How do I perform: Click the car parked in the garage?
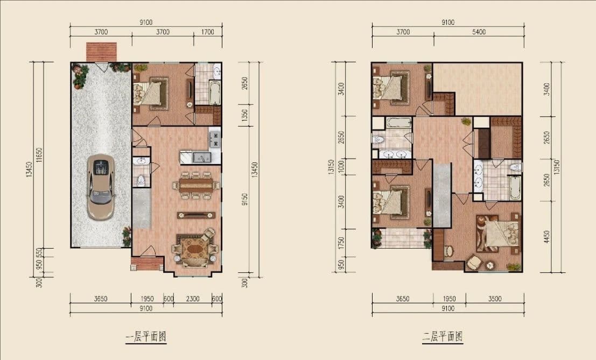(x=100, y=187)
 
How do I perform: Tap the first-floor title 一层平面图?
(x=146, y=336)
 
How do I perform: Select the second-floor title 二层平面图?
(x=443, y=336)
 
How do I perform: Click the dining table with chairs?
(x=196, y=185)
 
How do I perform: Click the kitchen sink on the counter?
(x=201, y=157)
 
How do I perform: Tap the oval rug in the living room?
(x=195, y=251)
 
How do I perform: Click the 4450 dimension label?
(x=547, y=237)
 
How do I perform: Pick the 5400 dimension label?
(x=479, y=32)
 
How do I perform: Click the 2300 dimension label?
(x=192, y=299)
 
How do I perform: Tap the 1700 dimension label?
(x=207, y=32)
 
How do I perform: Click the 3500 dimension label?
(x=495, y=299)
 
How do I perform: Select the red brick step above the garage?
(x=101, y=52)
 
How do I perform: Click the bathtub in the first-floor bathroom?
(x=215, y=92)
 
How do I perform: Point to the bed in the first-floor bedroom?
(x=151, y=93)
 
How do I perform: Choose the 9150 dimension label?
(x=244, y=199)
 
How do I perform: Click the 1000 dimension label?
(x=341, y=166)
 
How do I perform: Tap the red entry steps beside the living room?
(x=147, y=263)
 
